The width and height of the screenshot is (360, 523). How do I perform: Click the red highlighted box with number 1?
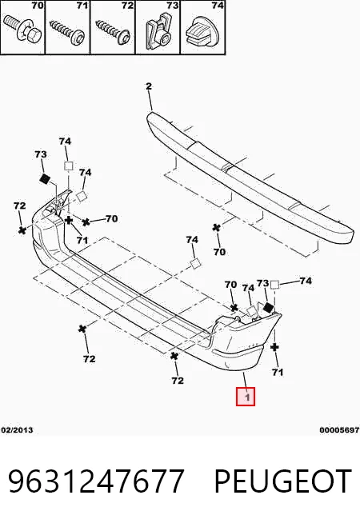[246, 397]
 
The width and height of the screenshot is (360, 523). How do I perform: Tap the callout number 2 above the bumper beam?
[149, 86]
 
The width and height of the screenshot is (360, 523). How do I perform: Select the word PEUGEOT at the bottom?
[283, 481]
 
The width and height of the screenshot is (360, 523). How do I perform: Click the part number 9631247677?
[96, 481]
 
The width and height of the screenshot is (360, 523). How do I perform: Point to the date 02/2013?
[17, 430]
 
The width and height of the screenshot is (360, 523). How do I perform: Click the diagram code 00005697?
[339, 430]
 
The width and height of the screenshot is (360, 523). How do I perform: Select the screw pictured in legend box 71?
[68, 30]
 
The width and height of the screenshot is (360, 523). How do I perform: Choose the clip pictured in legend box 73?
[158, 30]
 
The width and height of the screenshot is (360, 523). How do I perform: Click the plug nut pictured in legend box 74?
[202, 30]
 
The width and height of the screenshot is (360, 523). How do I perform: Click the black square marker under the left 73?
[44, 179]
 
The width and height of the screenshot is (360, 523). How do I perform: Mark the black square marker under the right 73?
[269, 308]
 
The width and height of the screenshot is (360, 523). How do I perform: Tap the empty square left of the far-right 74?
[274, 285]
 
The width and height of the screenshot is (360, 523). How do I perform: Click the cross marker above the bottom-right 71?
[274, 348]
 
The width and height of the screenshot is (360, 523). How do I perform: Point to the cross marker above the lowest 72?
[174, 356]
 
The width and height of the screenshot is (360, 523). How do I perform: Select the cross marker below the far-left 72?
[22, 230]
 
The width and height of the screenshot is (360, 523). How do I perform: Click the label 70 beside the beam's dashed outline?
[219, 252]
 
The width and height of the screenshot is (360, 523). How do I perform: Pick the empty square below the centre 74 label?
[196, 264]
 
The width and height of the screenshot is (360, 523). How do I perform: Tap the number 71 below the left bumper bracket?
[82, 240]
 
